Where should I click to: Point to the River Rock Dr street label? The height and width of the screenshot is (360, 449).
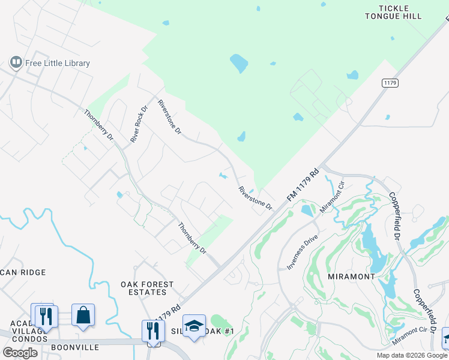coord(139,124)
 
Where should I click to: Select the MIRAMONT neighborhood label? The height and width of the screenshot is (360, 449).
coord(352,277)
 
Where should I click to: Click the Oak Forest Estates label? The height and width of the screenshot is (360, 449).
coord(147,288)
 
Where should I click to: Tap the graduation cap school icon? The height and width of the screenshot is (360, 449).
coord(194,326)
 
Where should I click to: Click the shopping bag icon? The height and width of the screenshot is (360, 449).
coord(83,315)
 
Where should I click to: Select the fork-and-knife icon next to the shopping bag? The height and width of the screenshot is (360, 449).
coord(46,315)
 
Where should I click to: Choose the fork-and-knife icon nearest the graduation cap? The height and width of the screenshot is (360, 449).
coord(153,331)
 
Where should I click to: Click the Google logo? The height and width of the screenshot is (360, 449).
coord(20,353)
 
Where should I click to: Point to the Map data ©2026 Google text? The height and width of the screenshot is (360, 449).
coord(412,355)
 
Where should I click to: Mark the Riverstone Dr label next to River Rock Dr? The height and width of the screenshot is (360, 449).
coord(169,116)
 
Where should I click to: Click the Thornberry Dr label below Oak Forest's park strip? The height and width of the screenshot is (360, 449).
coord(191,237)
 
